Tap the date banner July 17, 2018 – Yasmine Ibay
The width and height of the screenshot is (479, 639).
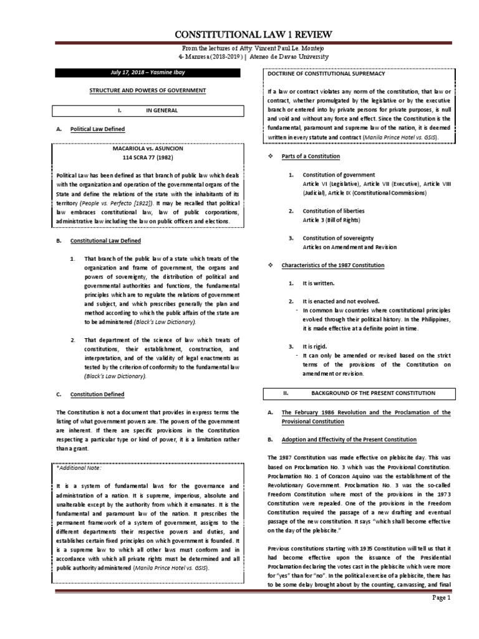point(147,73)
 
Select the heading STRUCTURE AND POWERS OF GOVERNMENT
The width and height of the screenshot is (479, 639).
point(147,91)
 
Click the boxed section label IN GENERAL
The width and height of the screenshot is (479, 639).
point(162,110)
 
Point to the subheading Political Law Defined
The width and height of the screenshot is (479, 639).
point(97,129)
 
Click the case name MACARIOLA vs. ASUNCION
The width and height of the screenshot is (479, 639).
point(147,150)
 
